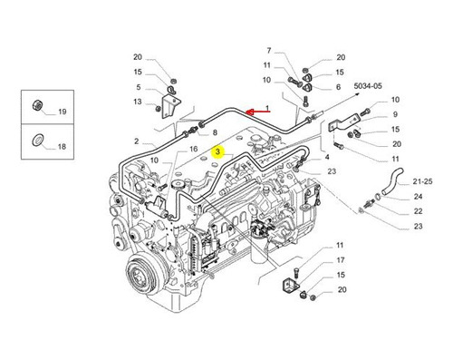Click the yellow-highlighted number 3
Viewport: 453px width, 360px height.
217,152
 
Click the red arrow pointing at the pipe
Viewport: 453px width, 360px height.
257,112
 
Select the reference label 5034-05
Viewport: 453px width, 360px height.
368,86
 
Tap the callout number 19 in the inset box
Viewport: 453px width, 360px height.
63,112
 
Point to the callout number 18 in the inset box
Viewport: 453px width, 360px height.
62,147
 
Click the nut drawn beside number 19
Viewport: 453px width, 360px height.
38,105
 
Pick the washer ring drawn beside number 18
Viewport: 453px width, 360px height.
37,140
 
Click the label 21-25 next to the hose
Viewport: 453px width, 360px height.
422,181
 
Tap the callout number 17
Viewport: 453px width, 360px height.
341,260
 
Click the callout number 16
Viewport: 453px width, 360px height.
193,149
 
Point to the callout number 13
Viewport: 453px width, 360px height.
138,102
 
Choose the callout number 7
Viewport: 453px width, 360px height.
269,51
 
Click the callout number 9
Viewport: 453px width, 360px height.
395,114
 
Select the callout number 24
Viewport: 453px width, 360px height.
418,197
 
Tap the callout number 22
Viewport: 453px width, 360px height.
418,211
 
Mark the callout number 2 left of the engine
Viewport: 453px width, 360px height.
137,141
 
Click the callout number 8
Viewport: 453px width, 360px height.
215,132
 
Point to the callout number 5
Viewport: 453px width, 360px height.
139,87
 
